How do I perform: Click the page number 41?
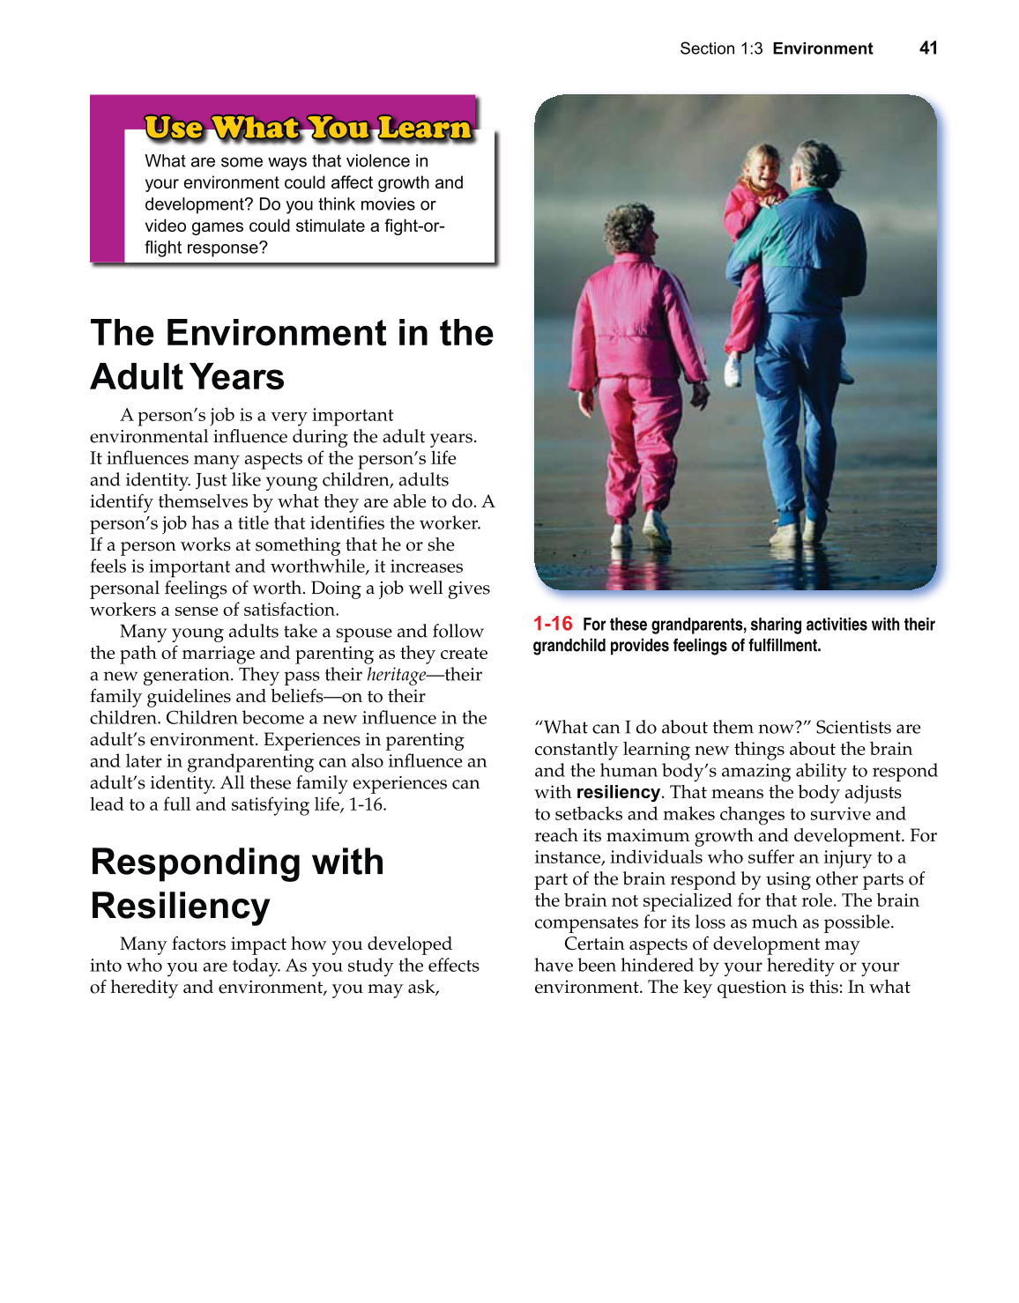[x=928, y=48]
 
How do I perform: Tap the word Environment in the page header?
[x=822, y=48]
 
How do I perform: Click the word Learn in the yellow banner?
[x=425, y=129]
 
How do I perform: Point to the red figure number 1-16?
[x=553, y=624]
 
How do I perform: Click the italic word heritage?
[x=396, y=675]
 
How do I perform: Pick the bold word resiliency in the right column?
[x=618, y=792]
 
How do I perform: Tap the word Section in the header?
[x=707, y=48]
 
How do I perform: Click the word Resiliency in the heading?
[x=180, y=906]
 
